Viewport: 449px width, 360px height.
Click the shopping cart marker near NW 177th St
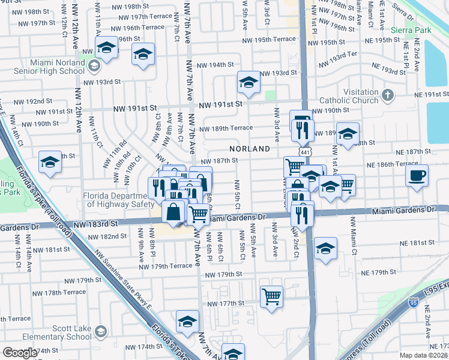[x=271, y=296]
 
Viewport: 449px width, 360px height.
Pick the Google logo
[x=20, y=353]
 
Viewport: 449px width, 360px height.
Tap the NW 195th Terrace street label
[x=269, y=40]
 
